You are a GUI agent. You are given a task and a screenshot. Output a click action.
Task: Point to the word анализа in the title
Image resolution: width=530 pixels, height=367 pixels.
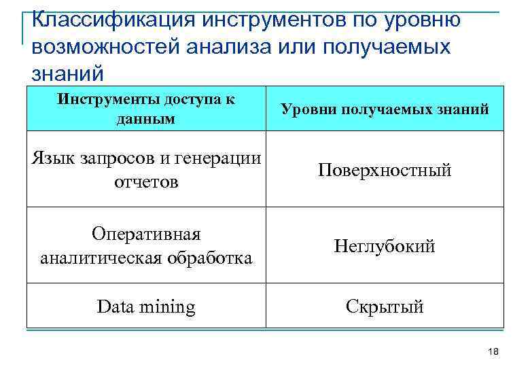(x=213, y=47)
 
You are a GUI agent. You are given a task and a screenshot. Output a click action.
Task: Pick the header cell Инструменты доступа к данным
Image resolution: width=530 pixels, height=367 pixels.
(x=146, y=109)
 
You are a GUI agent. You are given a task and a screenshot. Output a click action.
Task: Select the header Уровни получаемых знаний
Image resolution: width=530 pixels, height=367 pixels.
(x=385, y=109)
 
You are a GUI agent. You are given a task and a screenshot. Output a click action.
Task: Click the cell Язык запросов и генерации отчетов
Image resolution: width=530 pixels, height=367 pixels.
(x=146, y=170)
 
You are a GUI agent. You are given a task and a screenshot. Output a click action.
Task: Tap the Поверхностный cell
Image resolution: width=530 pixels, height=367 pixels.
(x=385, y=170)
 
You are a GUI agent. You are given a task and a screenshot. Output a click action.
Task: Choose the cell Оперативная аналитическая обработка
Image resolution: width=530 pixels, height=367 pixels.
(x=146, y=245)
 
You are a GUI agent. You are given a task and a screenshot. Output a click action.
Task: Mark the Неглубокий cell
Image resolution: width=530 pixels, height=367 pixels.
(x=385, y=246)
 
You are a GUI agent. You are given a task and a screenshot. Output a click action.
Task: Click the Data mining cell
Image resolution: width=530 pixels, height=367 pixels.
(x=146, y=307)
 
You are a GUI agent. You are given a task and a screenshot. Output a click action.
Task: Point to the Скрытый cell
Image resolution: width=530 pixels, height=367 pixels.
(x=385, y=307)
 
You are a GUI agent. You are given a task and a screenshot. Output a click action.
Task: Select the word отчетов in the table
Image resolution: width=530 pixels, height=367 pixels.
(x=147, y=182)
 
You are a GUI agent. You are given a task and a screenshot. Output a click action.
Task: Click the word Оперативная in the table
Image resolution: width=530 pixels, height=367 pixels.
(x=147, y=234)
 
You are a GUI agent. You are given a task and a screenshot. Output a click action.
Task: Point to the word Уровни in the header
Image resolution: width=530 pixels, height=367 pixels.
(x=304, y=109)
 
